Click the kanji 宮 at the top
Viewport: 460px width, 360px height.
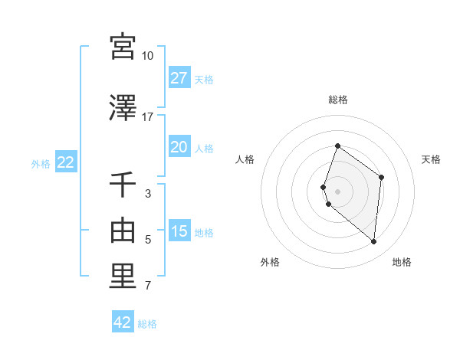123,47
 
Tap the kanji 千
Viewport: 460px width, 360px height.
123,185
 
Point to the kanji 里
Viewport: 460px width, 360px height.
123,277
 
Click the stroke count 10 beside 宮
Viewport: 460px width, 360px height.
148,56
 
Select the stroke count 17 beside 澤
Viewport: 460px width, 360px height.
148,117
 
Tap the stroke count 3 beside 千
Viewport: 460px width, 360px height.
148,194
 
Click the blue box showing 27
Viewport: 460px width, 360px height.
179,77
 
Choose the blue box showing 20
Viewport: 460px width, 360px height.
179,147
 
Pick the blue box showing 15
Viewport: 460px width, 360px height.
179,231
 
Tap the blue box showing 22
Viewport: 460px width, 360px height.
65,162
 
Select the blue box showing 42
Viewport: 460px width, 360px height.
123,322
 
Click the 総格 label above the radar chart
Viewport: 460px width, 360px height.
338,100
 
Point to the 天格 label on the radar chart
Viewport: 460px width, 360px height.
431,159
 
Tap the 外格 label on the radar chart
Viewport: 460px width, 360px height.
270,262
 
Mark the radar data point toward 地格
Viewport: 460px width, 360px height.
373,241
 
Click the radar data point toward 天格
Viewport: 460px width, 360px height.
381,177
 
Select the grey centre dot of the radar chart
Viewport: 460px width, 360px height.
338,191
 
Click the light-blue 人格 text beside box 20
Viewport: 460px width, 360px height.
204,149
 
